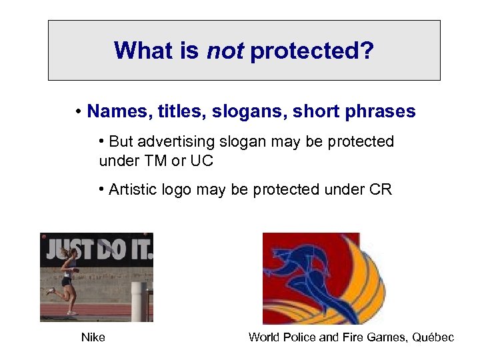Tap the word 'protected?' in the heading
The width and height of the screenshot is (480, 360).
click(312, 51)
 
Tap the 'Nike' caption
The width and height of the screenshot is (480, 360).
click(93, 337)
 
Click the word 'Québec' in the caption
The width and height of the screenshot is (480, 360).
click(433, 337)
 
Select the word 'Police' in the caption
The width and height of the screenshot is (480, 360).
click(301, 337)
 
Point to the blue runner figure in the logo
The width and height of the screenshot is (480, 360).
click(300, 273)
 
